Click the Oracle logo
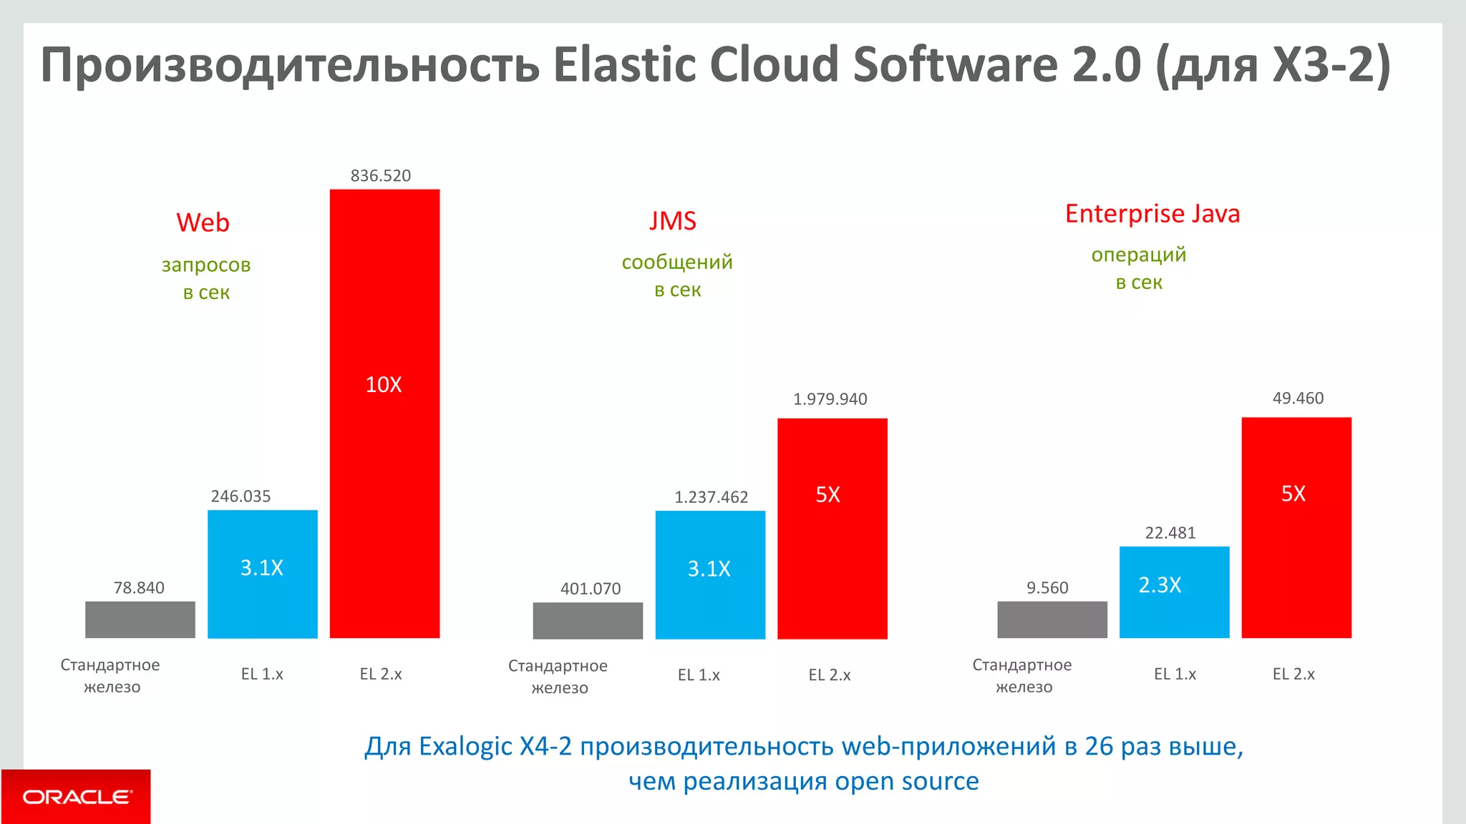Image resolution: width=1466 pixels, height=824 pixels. (x=77, y=796)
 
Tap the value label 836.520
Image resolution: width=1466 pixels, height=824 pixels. (x=380, y=176)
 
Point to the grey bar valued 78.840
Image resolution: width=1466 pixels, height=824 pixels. (x=140, y=619)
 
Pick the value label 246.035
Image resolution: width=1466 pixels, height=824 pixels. (x=241, y=496)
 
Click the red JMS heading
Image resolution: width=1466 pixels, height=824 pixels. (x=672, y=221)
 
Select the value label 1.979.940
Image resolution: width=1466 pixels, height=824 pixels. (x=830, y=399)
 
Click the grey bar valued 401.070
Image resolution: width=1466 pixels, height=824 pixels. (x=588, y=620)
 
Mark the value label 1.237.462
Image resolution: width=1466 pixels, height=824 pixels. (x=711, y=497)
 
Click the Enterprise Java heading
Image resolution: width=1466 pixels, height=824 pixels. (x=1152, y=214)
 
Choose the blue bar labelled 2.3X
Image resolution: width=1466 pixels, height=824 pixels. (x=1174, y=592)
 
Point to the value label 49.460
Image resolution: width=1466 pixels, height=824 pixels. (x=1297, y=398)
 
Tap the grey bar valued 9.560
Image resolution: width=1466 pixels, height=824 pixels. (x=1052, y=619)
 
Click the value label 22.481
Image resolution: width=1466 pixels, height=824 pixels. (x=1170, y=533)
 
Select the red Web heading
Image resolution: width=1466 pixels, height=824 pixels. (x=203, y=222)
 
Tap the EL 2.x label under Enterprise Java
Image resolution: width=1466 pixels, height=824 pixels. (x=1293, y=674)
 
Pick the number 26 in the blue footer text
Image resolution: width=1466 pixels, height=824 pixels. (x=1098, y=747)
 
